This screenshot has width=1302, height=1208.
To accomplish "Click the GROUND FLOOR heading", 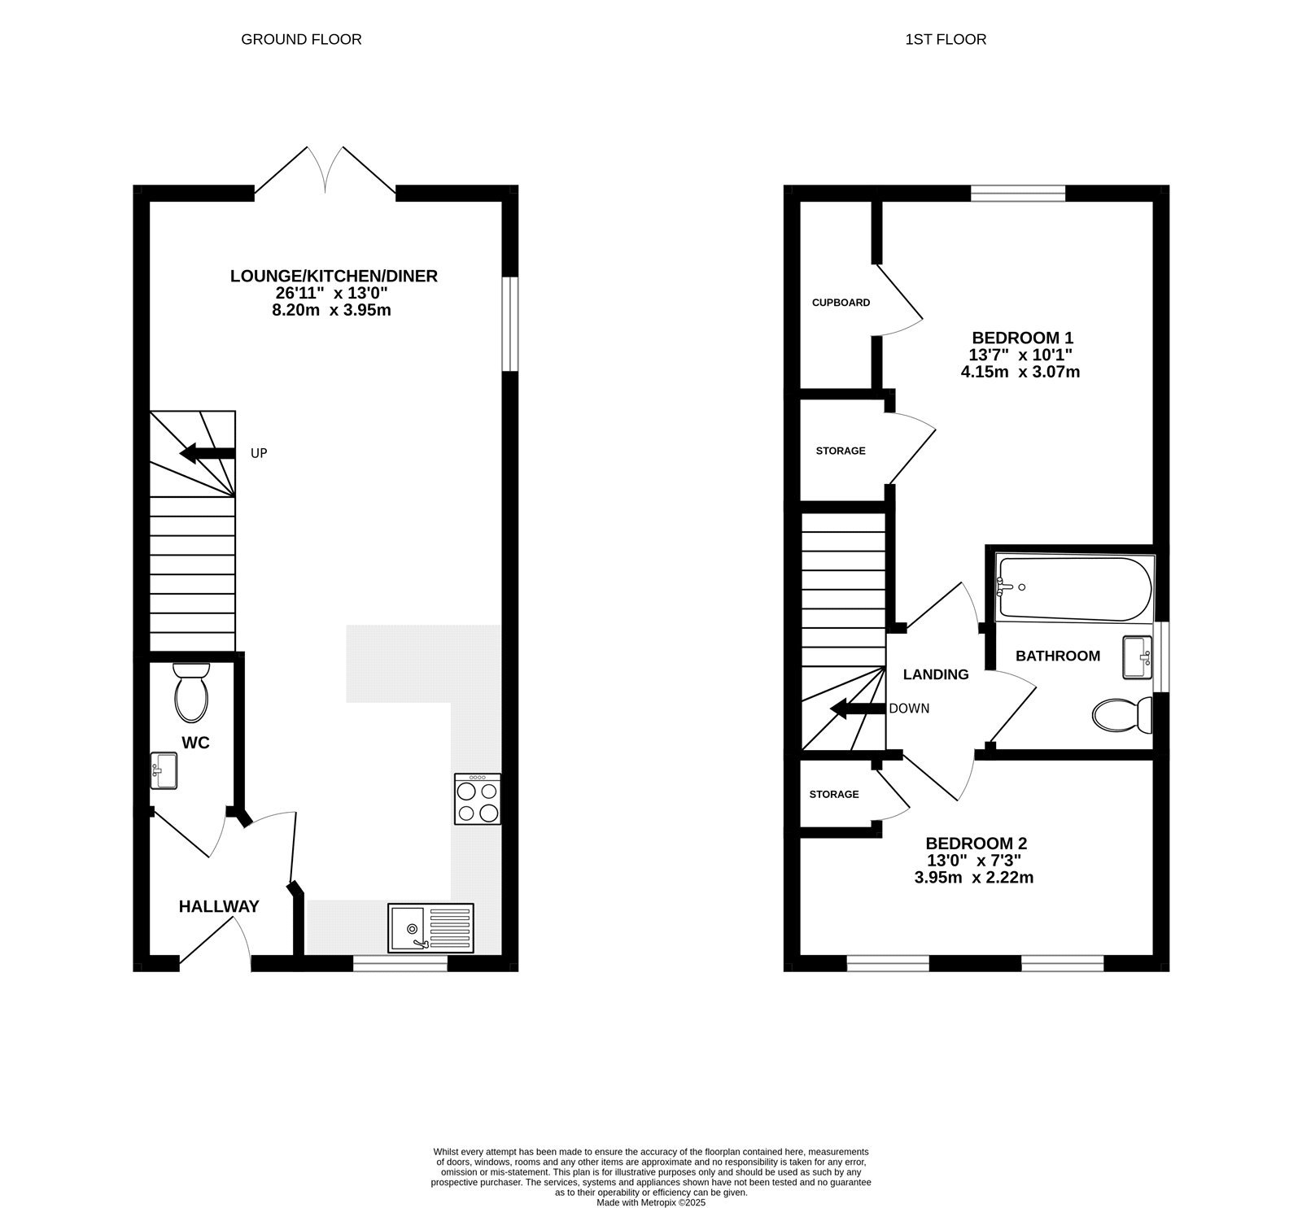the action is click(x=301, y=39).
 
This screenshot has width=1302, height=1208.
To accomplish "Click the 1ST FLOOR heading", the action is click(x=946, y=39).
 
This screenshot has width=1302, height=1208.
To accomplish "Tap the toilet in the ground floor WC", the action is click(x=191, y=692).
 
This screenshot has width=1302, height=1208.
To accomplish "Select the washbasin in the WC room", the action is click(x=164, y=770).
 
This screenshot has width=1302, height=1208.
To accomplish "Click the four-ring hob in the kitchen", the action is click(x=478, y=800).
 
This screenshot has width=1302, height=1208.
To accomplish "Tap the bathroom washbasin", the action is click(x=1138, y=657).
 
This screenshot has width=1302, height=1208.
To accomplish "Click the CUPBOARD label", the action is click(x=841, y=303).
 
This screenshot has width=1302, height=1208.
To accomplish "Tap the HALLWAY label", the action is click(x=219, y=906).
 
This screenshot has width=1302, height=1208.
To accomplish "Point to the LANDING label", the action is click(x=936, y=674).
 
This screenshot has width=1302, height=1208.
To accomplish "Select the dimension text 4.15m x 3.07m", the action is click(x=1020, y=373).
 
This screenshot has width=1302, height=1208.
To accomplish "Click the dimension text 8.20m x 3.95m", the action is click(x=334, y=310).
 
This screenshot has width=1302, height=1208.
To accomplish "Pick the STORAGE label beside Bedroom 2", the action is click(x=833, y=795).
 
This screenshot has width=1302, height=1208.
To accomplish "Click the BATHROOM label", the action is click(x=1058, y=656).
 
